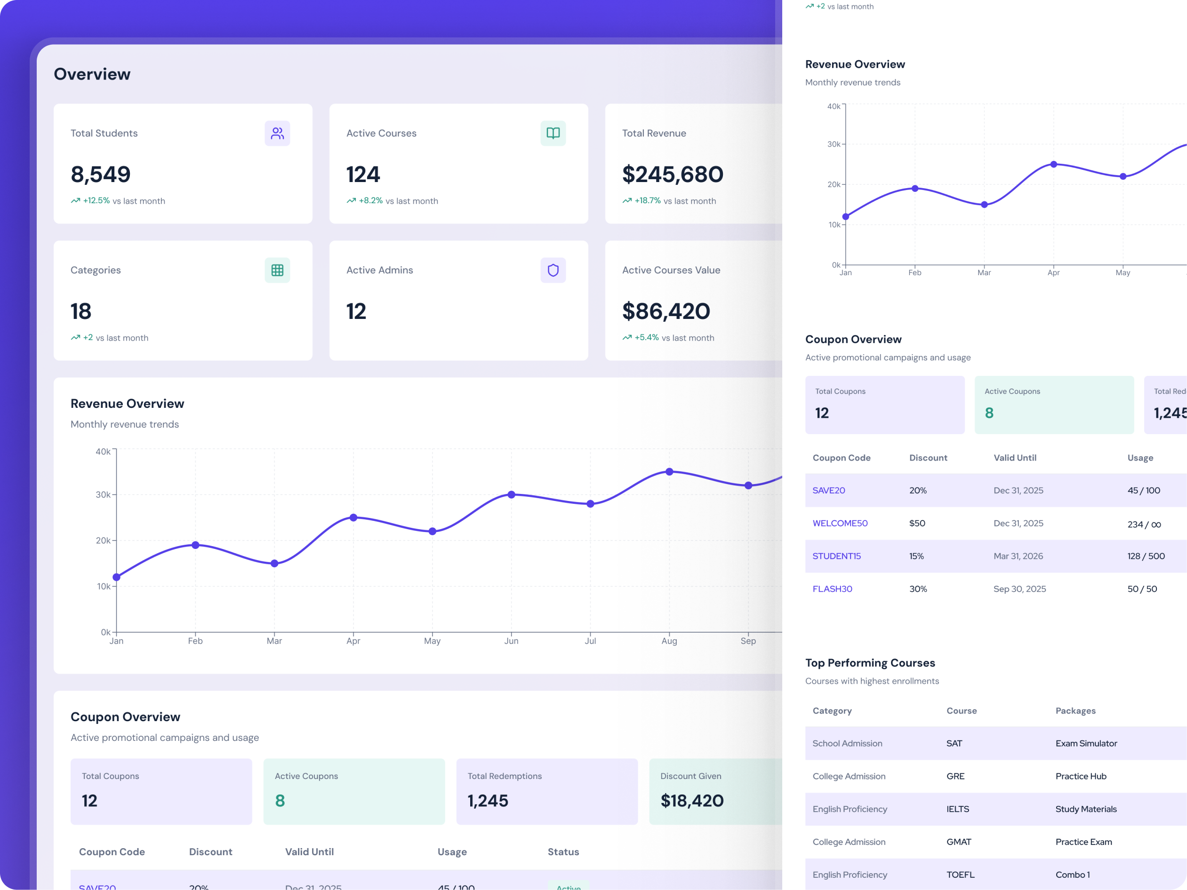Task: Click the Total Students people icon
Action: (x=277, y=133)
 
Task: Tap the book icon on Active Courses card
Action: (x=553, y=133)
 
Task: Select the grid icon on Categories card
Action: (x=277, y=270)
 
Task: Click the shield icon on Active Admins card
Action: (x=553, y=270)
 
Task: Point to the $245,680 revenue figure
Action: (x=673, y=175)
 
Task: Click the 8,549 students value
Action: (x=100, y=175)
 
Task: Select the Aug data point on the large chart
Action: (x=669, y=471)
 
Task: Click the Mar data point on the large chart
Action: (x=274, y=563)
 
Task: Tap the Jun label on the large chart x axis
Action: (x=511, y=641)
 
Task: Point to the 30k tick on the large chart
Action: (x=103, y=494)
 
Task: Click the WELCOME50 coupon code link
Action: (x=840, y=523)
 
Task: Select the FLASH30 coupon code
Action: (x=832, y=588)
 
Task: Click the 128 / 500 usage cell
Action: (x=1146, y=556)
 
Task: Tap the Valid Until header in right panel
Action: (x=1015, y=458)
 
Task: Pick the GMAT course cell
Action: (x=958, y=842)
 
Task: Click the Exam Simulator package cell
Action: (x=1086, y=743)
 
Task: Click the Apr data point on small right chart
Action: (x=1053, y=164)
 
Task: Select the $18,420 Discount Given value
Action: (x=692, y=801)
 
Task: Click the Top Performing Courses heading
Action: (x=870, y=662)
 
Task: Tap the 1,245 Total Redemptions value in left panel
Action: (x=487, y=801)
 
